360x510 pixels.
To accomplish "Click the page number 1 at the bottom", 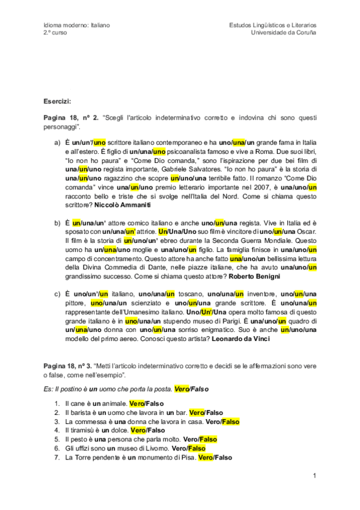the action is (314, 476).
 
